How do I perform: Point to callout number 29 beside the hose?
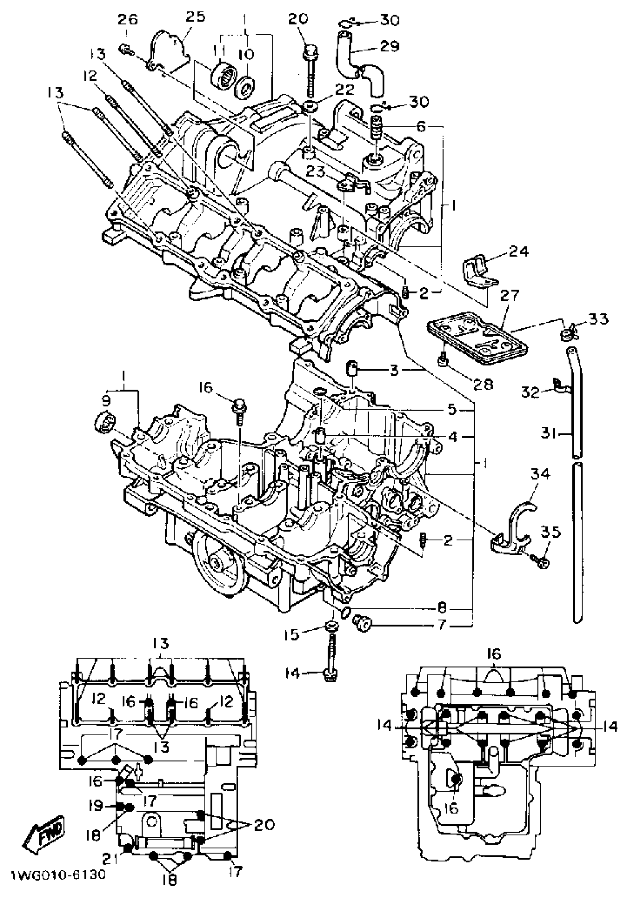[x=389, y=46]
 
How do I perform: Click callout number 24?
[x=518, y=252]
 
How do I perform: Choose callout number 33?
[x=599, y=319]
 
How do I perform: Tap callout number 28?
[x=483, y=384]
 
